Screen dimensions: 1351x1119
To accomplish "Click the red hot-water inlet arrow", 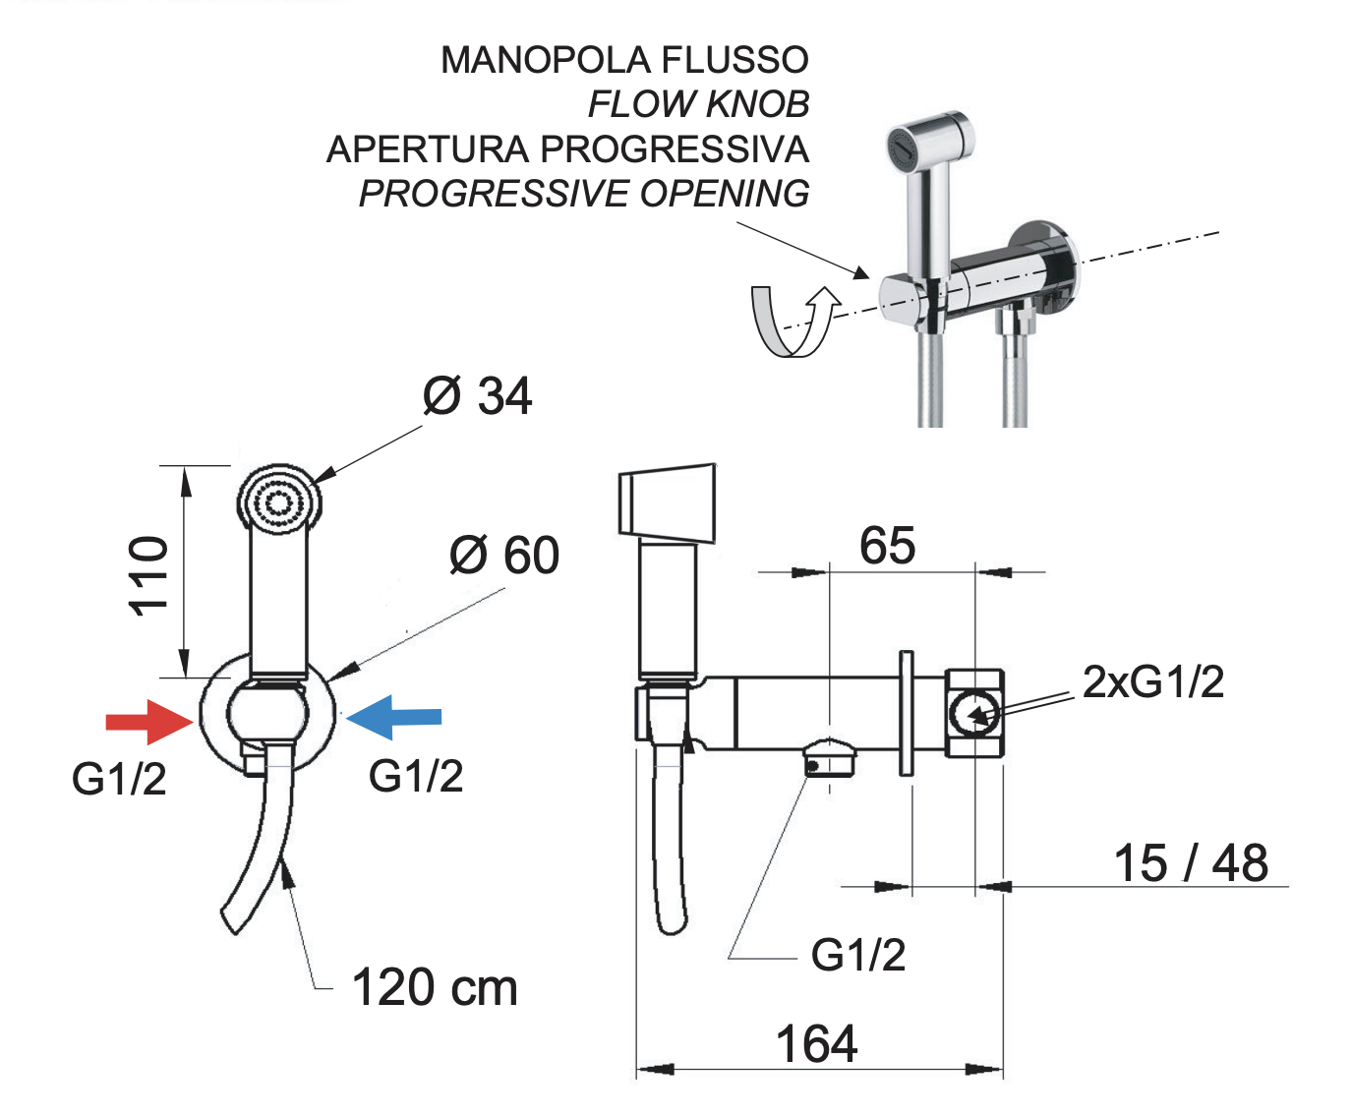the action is click(149, 722).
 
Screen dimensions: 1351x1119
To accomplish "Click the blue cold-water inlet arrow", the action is click(393, 717).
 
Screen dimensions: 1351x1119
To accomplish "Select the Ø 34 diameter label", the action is click(478, 395).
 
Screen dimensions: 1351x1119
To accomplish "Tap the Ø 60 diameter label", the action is click(504, 555).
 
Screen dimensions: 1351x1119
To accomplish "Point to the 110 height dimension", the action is click(148, 576).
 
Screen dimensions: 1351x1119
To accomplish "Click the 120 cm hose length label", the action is click(435, 987).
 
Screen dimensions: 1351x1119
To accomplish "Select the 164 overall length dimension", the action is click(816, 1044).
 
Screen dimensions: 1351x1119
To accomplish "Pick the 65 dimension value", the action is click(887, 546).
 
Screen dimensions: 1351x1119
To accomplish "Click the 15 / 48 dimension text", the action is click(1191, 862).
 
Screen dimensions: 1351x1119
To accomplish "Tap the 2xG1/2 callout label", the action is click(1153, 681).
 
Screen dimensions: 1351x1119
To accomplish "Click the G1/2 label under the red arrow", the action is click(119, 779).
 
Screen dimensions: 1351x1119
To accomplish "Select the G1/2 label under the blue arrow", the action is click(416, 776).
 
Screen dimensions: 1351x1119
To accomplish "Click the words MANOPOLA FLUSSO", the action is click(624, 60).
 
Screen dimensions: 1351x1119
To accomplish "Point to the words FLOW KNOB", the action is click(699, 104).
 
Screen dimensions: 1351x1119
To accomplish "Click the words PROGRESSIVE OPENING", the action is click(584, 194).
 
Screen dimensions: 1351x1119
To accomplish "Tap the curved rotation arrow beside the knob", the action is click(795, 321).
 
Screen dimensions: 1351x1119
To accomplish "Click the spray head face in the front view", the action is click(279, 502).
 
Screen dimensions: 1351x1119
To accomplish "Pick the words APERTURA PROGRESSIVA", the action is click(567, 149).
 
